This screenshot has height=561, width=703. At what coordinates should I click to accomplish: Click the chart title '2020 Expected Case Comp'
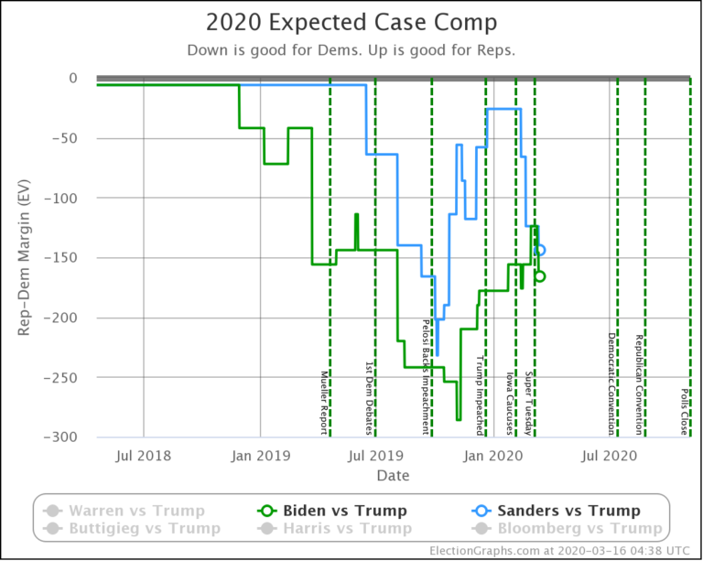click(x=351, y=23)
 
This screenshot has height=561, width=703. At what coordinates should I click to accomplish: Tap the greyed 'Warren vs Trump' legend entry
click(x=136, y=511)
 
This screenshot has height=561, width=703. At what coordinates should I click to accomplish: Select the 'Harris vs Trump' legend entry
click(x=349, y=528)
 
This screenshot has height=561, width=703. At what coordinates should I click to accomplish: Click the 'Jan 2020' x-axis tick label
click(x=494, y=455)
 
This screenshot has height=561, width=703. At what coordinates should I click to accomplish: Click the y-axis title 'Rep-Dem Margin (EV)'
click(x=25, y=257)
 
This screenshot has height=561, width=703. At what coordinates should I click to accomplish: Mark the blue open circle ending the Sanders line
click(x=540, y=250)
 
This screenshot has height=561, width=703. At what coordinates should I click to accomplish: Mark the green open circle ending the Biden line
click(x=540, y=276)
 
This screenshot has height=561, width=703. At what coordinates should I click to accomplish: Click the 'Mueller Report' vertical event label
click(x=324, y=403)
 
